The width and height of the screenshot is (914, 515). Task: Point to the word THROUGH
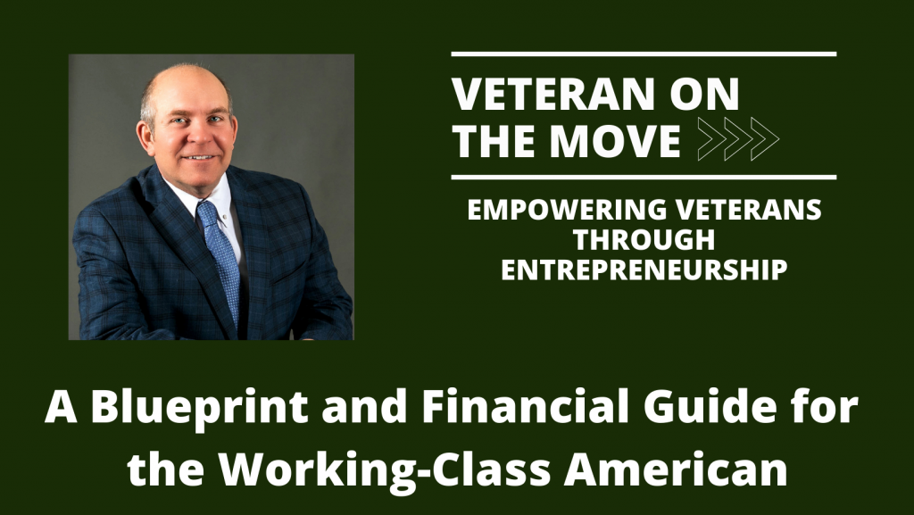pos(644,241)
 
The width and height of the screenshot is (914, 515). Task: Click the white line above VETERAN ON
pos(644,54)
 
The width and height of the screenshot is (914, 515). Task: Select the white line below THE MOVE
pos(644,177)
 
